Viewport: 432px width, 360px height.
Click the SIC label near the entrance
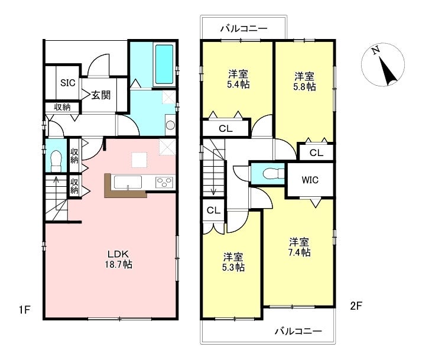point(68,83)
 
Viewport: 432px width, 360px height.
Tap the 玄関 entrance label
point(101,95)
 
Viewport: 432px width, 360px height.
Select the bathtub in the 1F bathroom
point(164,64)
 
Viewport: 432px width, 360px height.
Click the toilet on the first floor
point(56,161)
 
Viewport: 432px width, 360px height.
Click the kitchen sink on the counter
point(128,183)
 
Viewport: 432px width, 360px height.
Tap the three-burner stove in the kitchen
point(164,183)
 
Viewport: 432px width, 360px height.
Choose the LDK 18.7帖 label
point(118,259)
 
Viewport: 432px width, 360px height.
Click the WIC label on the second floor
point(310,180)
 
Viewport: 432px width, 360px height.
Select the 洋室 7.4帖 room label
point(299,247)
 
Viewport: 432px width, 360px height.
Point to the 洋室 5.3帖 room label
point(233,262)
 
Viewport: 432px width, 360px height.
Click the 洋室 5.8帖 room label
point(304,82)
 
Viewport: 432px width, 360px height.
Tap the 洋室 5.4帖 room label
point(238,79)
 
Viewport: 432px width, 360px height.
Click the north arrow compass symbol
point(383,64)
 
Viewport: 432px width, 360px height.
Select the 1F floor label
point(24,310)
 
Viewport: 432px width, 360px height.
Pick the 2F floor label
point(356,306)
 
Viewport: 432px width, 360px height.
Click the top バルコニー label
point(244,28)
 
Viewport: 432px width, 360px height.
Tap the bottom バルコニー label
point(298,331)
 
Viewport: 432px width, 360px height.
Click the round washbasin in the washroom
point(171,125)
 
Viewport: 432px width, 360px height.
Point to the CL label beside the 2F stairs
point(213,210)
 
